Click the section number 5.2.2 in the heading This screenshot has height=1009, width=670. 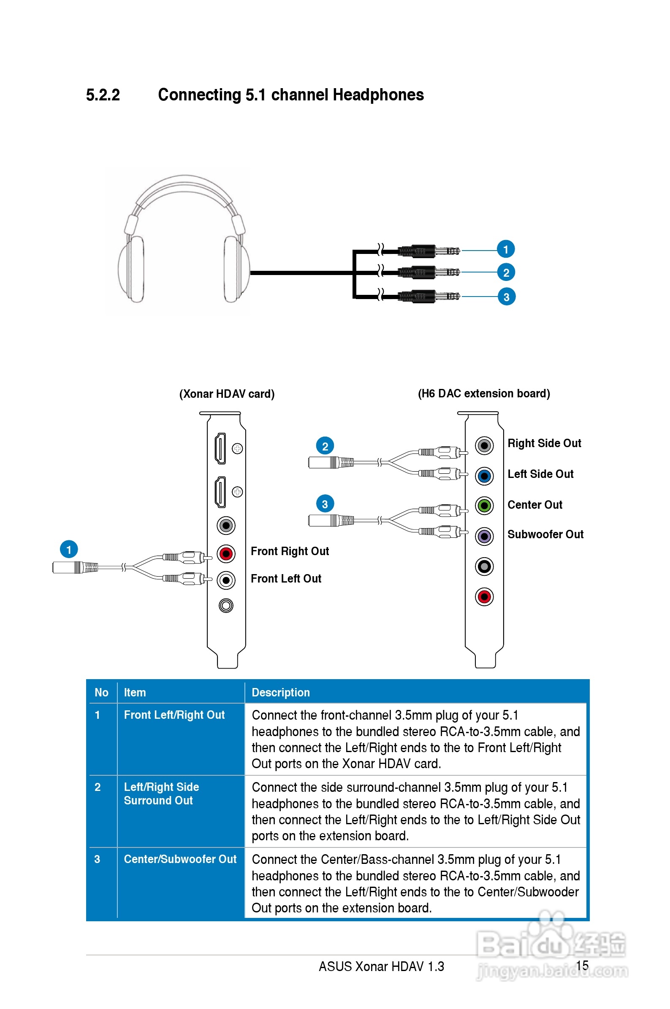coord(103,95)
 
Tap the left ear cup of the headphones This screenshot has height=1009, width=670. coord(132,269)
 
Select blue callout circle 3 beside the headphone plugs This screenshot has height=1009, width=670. coord(506,297)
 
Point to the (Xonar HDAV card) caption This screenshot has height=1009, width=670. coord(226,394)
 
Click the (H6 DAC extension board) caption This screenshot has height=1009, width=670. coord(483,393)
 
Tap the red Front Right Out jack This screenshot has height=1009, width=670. coord(226,553)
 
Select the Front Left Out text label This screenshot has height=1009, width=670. coord(285,578)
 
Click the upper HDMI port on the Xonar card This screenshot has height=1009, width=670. coord(220,448)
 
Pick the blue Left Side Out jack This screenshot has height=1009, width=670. coord(484,476)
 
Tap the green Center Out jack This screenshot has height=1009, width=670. coord(484,506)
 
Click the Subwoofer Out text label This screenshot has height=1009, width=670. coord(545,534)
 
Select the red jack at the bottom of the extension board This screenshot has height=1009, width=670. coord(484,597)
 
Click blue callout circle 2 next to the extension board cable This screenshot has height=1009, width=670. coord(325,446)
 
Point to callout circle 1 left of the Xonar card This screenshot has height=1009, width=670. coord(69,549)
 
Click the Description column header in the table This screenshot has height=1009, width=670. coord(280,692)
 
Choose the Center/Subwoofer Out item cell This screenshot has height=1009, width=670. coord(180,859)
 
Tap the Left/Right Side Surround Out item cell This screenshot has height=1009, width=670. coord(161,793)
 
